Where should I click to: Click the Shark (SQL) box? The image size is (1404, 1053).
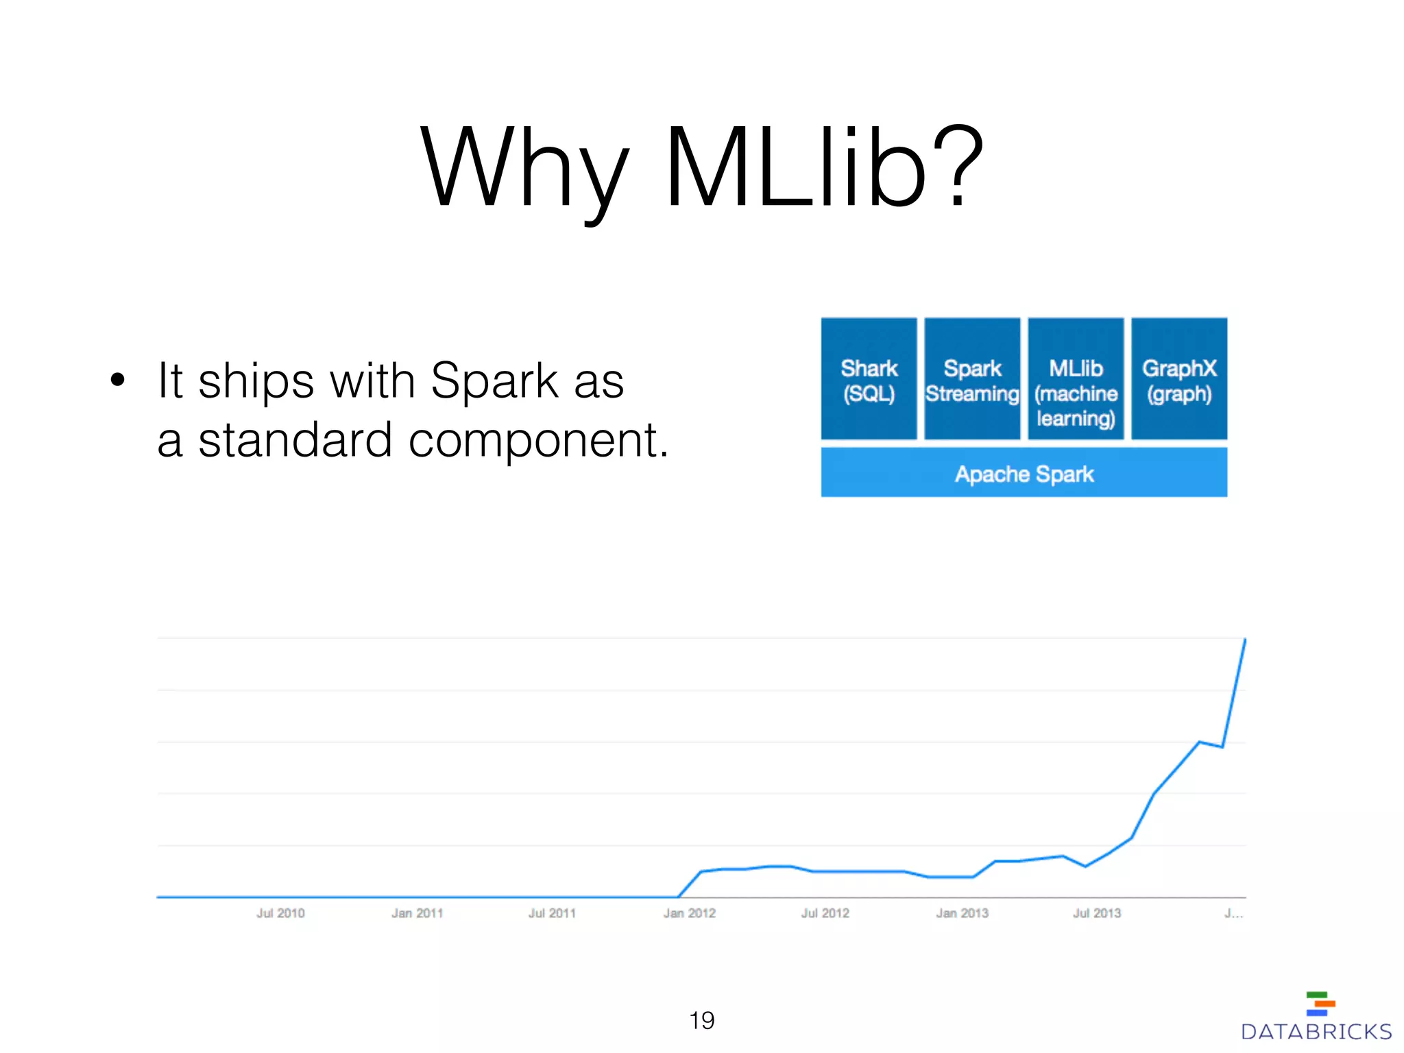[x=869, y=379]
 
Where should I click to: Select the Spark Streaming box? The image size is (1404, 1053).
[x=972, y=379]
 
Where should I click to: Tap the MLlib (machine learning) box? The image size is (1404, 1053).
[x=1076, y=379]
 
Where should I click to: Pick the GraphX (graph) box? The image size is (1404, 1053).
[x=1179, y=379]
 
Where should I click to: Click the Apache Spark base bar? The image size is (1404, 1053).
[x=1024, y=473]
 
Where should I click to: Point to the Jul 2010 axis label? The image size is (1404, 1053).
[x=280, y=913]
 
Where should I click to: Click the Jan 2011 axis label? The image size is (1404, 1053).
[x=417, y=913]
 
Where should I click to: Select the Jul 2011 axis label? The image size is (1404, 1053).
[x=552, y=913]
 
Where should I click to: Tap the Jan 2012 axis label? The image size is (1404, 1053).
[x=689, y=913]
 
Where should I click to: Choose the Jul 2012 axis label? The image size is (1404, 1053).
[x=825, y=913]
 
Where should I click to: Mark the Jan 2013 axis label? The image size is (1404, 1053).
[x=962, y=913]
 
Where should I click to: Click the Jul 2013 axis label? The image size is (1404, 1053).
[x=1097, y=913]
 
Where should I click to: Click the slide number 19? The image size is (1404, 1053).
[x=702, y=1020]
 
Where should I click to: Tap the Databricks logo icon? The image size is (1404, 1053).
[x=1320, y=1004]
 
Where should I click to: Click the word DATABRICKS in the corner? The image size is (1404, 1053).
[x=1316, y=1032]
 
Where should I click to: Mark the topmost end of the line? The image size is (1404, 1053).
[x=1245, y=639]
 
